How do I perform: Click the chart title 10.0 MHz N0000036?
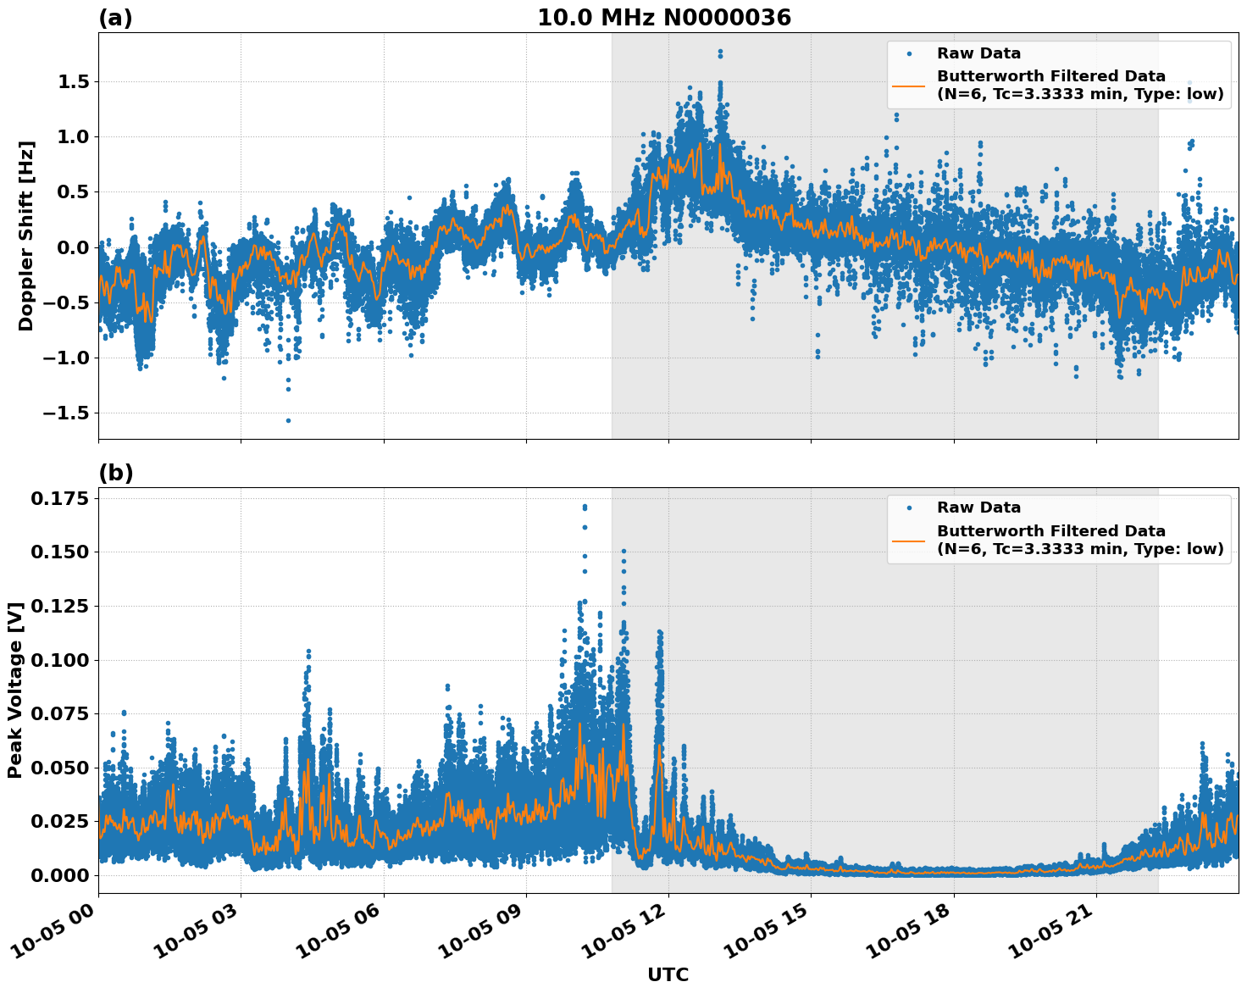[664, 18]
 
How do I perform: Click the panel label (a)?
[115, 18]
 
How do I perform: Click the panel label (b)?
[115, 473]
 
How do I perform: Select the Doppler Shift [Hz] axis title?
[26, 236]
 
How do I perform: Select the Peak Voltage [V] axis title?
[15, 690]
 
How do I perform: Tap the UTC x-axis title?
[668, 974]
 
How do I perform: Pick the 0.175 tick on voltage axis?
[59, 499]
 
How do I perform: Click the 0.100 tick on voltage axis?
[59, 661]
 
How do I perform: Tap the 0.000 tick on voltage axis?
[59, 875]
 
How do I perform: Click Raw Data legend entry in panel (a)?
[978, 53]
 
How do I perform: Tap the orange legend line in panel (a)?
[909, 85]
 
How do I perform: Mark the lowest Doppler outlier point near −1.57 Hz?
[288, 420]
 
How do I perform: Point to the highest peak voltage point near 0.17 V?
[585, 507]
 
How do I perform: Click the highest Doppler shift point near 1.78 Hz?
[720, 52]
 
